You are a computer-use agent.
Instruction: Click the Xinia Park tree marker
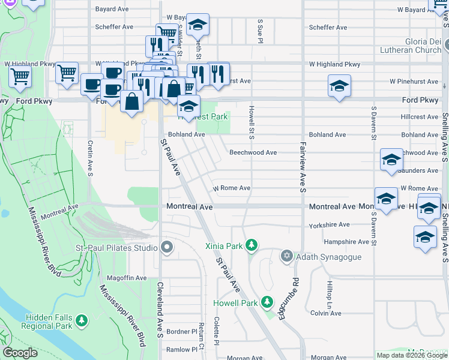pyautogui.click(x=252, y=245)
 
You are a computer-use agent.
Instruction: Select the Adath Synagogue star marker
pyautogui.click(x=287, y=257)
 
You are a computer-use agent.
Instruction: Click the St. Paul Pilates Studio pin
pyautogui.click(x=167, y=247)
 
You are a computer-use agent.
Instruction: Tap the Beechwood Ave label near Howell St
pyautogui.click(x=253, y=152)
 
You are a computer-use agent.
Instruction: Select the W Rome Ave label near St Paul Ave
pyautogui.click(x=231, y=188)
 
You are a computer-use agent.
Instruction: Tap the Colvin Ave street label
pyautogui.click(x=326, y=313)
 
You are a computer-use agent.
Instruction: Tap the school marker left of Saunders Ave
pyautogui.click(x=391, y=160)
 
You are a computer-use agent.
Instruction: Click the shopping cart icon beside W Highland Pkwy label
pyautogui.click(x=67, y=73)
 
